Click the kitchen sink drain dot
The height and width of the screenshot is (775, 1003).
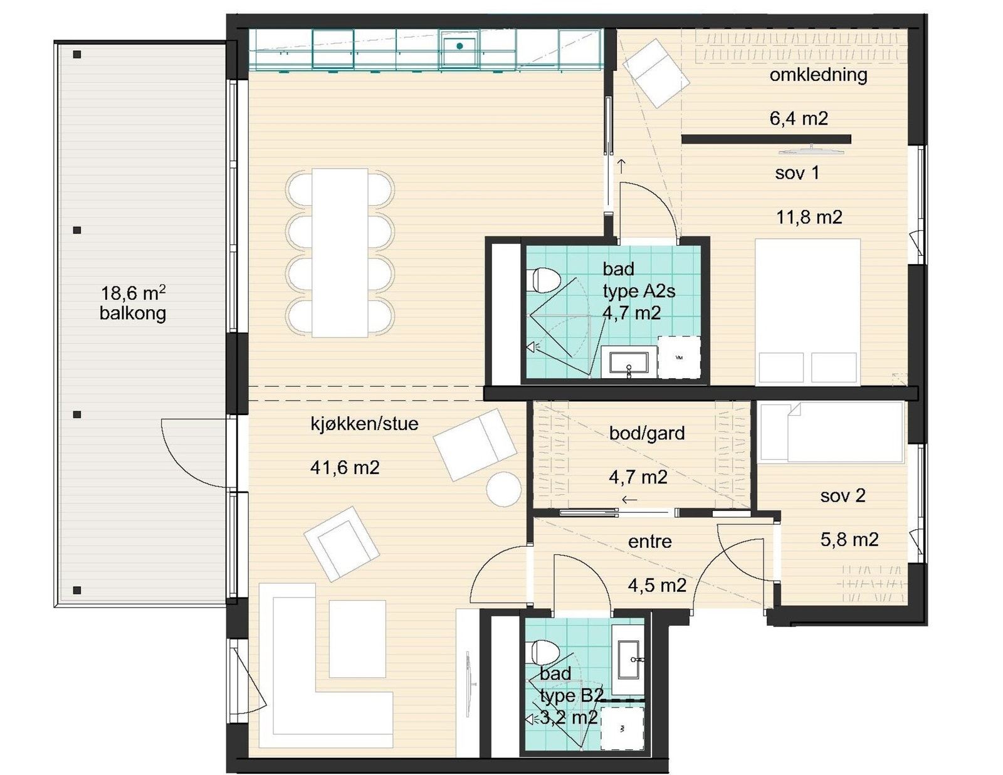click(459, 46)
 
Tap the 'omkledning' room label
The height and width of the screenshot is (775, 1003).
click(818, 75)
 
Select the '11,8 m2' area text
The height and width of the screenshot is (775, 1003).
click(809, 217)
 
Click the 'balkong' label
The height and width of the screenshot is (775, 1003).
click(133, 314)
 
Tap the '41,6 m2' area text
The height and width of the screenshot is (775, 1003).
click(345, 468)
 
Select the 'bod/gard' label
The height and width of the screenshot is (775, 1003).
click(647, 433)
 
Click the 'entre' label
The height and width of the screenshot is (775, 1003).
click(650, 542)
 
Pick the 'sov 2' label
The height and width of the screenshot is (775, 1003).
click(843, 496)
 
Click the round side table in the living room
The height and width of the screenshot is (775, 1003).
click(503, 489)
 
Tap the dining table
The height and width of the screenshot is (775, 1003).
click(340, 253)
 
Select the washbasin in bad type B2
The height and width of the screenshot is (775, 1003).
click(628, 660)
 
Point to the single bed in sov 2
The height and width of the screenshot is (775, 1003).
click(831, 432)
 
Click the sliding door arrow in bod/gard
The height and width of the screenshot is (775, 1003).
click(629, 500)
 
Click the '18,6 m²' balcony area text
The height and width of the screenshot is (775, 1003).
click(133, 293)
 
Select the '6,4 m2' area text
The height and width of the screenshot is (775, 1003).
click(799, 119)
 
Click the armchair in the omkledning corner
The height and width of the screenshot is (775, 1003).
click(656, 73)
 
